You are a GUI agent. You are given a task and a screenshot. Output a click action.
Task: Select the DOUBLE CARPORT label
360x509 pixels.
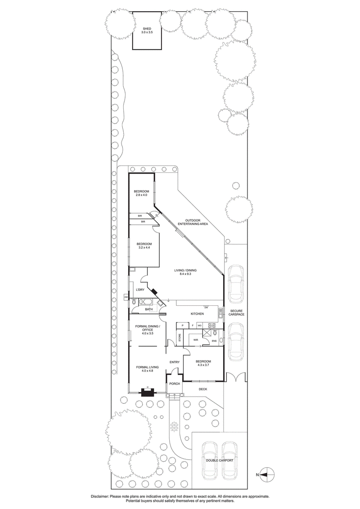click(220, 460)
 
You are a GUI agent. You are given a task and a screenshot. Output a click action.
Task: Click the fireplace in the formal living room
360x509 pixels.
click(147, 391)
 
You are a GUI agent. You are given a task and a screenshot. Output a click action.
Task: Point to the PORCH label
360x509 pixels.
click(175, 384)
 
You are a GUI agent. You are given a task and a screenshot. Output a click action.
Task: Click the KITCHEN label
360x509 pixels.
click(197, 313)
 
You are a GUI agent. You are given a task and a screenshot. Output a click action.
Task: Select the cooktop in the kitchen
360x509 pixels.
click(211, 325)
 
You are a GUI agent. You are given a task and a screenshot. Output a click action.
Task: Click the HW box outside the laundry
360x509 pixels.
click(126, 297)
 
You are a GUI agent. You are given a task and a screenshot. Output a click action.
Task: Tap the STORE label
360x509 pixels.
click(180, 338)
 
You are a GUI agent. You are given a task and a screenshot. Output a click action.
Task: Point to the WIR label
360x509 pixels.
click(196, 340)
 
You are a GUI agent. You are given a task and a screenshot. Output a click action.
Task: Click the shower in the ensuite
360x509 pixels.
click(206, 333)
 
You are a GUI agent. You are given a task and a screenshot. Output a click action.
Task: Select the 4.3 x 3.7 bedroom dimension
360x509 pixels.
click(202, 365)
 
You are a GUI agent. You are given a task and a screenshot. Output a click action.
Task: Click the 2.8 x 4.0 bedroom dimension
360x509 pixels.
click(141, 195)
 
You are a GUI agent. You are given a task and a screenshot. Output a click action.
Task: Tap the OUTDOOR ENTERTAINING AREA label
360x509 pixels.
click(193, 221)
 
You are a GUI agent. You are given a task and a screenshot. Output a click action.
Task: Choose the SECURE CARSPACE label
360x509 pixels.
click(237, 313)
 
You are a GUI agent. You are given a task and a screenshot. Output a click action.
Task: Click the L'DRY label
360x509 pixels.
click(140, 290)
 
